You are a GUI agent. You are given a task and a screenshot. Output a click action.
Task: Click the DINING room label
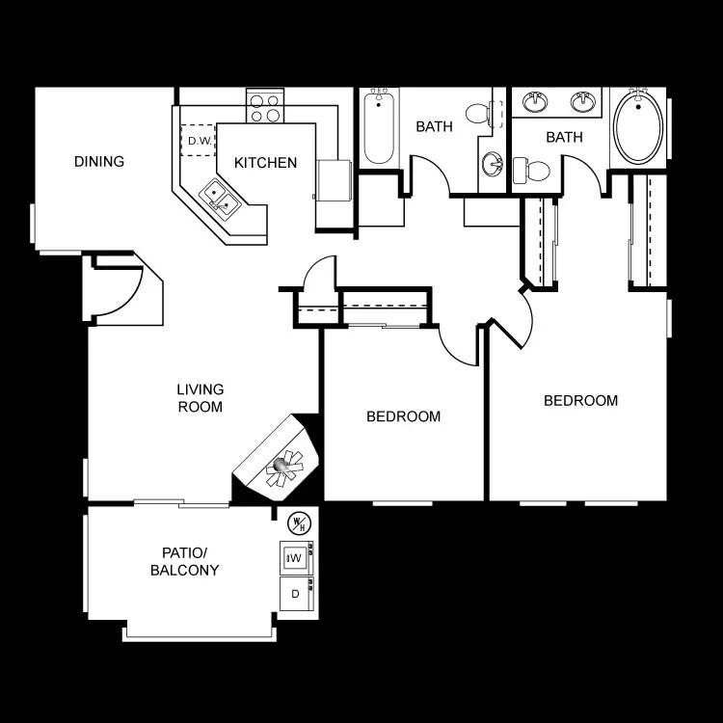[99, 161]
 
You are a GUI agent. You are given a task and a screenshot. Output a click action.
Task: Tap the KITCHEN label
[266, 163]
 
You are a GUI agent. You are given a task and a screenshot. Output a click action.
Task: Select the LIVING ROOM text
[201, 398]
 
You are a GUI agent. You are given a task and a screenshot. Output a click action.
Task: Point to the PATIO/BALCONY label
[184, 561]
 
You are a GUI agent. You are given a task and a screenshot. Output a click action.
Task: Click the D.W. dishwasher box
[199, 140]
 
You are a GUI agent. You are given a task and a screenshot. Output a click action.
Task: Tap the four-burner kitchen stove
[265, 106]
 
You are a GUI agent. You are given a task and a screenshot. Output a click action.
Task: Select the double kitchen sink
[220, 201]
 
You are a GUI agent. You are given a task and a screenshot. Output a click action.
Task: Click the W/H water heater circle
[299, 523]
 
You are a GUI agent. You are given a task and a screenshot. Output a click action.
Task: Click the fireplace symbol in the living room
[277, 458]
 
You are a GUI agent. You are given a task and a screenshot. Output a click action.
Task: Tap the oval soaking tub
[638, 126]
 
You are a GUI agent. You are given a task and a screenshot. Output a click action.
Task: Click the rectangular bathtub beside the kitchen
[379, 126]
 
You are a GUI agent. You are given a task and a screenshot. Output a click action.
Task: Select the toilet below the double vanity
[531, 170]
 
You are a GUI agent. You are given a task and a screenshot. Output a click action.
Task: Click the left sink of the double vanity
[535, 101]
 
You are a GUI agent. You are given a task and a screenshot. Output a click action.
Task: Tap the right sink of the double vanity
[583, 101]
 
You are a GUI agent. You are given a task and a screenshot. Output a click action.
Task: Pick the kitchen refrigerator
[334, 180]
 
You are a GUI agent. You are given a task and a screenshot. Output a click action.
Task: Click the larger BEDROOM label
[580, 401]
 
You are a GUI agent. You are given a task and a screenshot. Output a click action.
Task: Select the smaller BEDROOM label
[404, 416]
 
